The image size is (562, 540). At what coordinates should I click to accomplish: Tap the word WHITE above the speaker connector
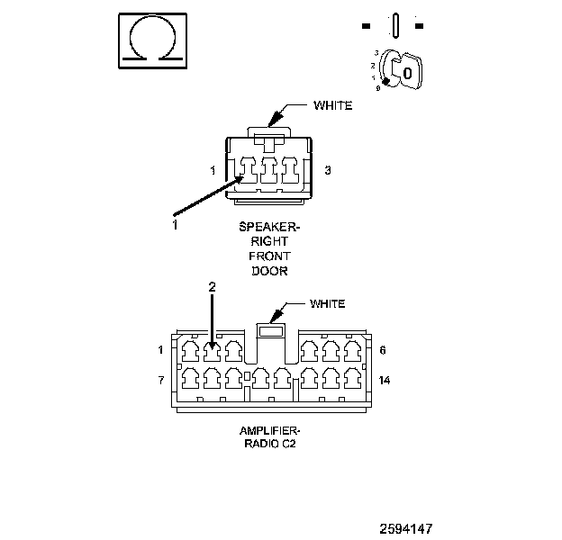[x=332, y=105]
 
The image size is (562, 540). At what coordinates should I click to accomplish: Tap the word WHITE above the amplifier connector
[x=327, y=303]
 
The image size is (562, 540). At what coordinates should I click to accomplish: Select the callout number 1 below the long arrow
[x=175, y=225]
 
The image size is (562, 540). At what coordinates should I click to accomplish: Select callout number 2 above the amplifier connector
[x=213, y=287]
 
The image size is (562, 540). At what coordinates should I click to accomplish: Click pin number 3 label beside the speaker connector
[x=328, y=170]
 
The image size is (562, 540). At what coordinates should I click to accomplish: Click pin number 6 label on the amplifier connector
[x=383, y=350]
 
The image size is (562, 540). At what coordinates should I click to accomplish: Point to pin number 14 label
[x=385, y=380]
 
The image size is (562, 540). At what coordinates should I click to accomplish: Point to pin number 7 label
[x=161, y=380]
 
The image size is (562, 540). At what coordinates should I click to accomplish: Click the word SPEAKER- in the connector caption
[x=269, y=227]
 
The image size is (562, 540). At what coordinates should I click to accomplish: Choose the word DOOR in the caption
[x=269, y=271]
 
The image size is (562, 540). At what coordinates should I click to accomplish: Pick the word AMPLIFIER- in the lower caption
[x=269, y=430]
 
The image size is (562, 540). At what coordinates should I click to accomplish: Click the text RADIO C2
[x=270, y=444]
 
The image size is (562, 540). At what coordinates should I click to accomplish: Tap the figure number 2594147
[x=406, y=528]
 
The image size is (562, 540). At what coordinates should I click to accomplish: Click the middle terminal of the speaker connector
[x=269, y=170]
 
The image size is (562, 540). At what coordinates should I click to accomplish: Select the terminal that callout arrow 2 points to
[x=213, y=351]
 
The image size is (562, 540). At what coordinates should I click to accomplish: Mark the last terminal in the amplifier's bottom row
[x=353, y=378]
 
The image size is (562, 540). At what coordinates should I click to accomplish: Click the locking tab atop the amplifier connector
[x=271, y=330]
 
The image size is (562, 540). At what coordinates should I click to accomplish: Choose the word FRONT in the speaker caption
[x=269, y=256]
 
